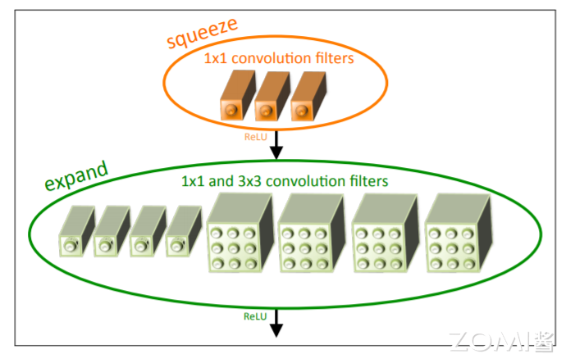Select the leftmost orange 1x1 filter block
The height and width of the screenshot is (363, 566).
pyautogui.click(x=234, y=99)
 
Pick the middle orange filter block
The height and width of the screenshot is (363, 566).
pyautogui.click(x=270, y=99)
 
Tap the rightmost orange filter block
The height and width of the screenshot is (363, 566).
pyautogui.click(x=306, y=99)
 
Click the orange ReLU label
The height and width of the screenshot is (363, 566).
pyautogui.click(x=256, y=137)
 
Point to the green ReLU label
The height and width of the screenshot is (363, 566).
pyautogui.click(x=255, y=315)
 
